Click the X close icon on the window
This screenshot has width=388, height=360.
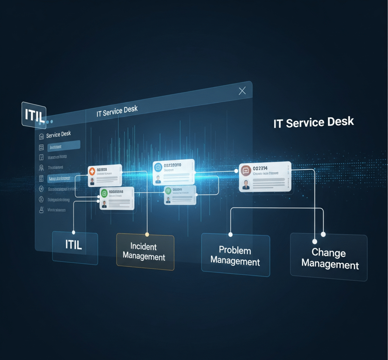pyautogui.click(x=242, y=91)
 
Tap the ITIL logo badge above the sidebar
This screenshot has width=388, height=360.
pyautogui.click(x=34, y=114)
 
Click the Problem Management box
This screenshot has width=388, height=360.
pyautogui.click(x=235, y=255)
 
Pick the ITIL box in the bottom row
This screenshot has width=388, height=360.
pyautogui.click(x=74, y=245)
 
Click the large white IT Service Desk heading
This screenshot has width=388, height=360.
pyautogui.click(x=313, y=123)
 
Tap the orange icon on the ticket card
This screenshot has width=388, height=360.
pyautogui.click(x=92, y=171)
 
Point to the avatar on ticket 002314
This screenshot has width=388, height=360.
pyautogui.click(x=246, y=184)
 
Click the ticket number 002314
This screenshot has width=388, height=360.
pyautogui.click(x=260, y=168)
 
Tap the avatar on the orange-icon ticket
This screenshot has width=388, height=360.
pyautogui.click(x=92, y=181)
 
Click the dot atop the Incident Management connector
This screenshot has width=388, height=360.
pyautogui.click(x=147, y=234)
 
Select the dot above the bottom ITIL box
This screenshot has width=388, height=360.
pyautogui.click(x=74, y=232)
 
